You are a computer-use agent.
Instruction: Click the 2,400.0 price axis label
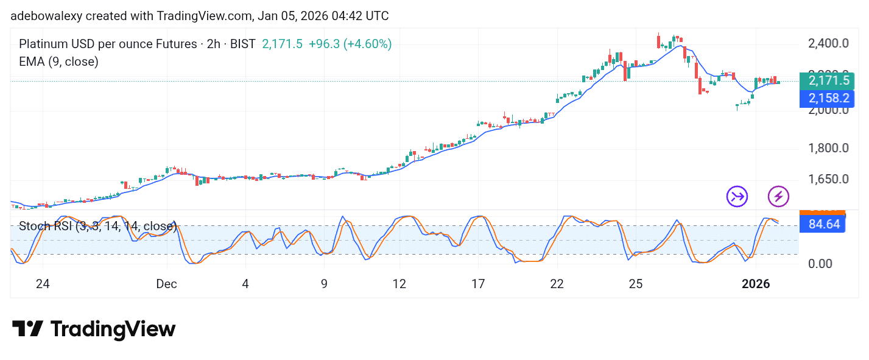tap(828, 44)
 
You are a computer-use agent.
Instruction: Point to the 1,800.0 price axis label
tap(828, 148)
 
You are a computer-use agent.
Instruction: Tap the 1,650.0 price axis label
tap(828, 180)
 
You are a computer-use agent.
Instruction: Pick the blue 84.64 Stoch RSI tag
tap(824, 224)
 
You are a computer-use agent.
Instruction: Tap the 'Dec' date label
tap(166, 284)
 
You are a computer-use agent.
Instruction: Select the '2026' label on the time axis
tap(756, 284)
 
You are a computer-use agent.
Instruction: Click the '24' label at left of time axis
tap(42, 284)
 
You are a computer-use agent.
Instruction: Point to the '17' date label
tap(478, 284)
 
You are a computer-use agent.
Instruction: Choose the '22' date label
tap(557, 284)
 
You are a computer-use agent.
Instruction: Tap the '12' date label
tap(399, 284)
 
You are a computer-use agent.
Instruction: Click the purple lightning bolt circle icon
tap(778, 196)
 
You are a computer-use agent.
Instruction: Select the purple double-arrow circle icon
tap(737, 196)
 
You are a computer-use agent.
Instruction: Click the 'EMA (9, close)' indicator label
tap(58, 62)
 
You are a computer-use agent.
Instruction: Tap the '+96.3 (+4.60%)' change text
tap(350, 44)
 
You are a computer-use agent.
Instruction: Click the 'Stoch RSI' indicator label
tap(46, 227)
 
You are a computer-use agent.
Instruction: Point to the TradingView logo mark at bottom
tap(27, 330)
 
